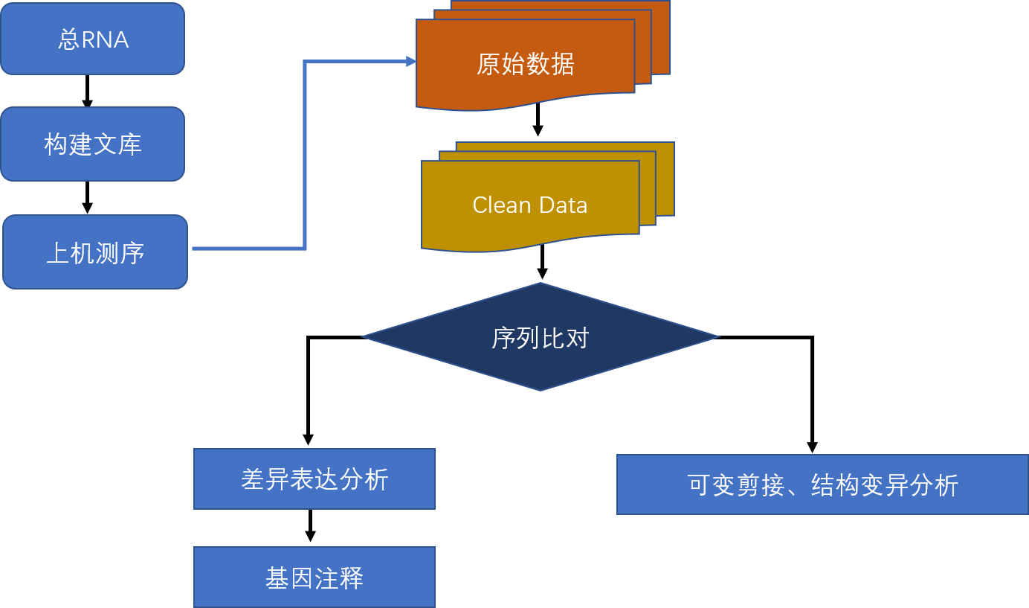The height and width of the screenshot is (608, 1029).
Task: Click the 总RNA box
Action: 92,39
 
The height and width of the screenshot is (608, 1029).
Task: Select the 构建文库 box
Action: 92,144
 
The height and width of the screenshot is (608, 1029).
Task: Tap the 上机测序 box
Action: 95,252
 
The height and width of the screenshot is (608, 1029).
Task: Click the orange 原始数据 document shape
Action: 525,65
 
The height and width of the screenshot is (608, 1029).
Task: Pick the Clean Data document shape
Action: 530,205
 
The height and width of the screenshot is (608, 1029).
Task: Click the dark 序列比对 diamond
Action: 541,337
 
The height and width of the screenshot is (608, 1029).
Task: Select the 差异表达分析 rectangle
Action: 314,479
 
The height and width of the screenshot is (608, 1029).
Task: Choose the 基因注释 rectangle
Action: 314,577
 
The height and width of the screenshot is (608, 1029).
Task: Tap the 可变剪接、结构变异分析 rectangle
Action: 822,484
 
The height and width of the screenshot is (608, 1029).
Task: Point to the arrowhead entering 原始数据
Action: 411,62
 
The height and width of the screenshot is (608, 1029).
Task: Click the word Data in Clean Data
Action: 564,205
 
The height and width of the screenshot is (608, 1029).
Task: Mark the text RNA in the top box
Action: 105,39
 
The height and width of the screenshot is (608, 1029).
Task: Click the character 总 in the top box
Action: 68,39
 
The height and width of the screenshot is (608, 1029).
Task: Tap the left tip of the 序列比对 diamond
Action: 364,337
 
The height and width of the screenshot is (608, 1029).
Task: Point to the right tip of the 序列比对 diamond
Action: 717,337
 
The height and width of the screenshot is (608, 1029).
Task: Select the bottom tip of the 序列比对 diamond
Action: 541,388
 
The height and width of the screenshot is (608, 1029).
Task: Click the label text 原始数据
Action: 525,65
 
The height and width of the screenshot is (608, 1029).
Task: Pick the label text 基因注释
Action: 314,578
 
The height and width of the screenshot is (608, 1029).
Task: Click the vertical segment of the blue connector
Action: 305,156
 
